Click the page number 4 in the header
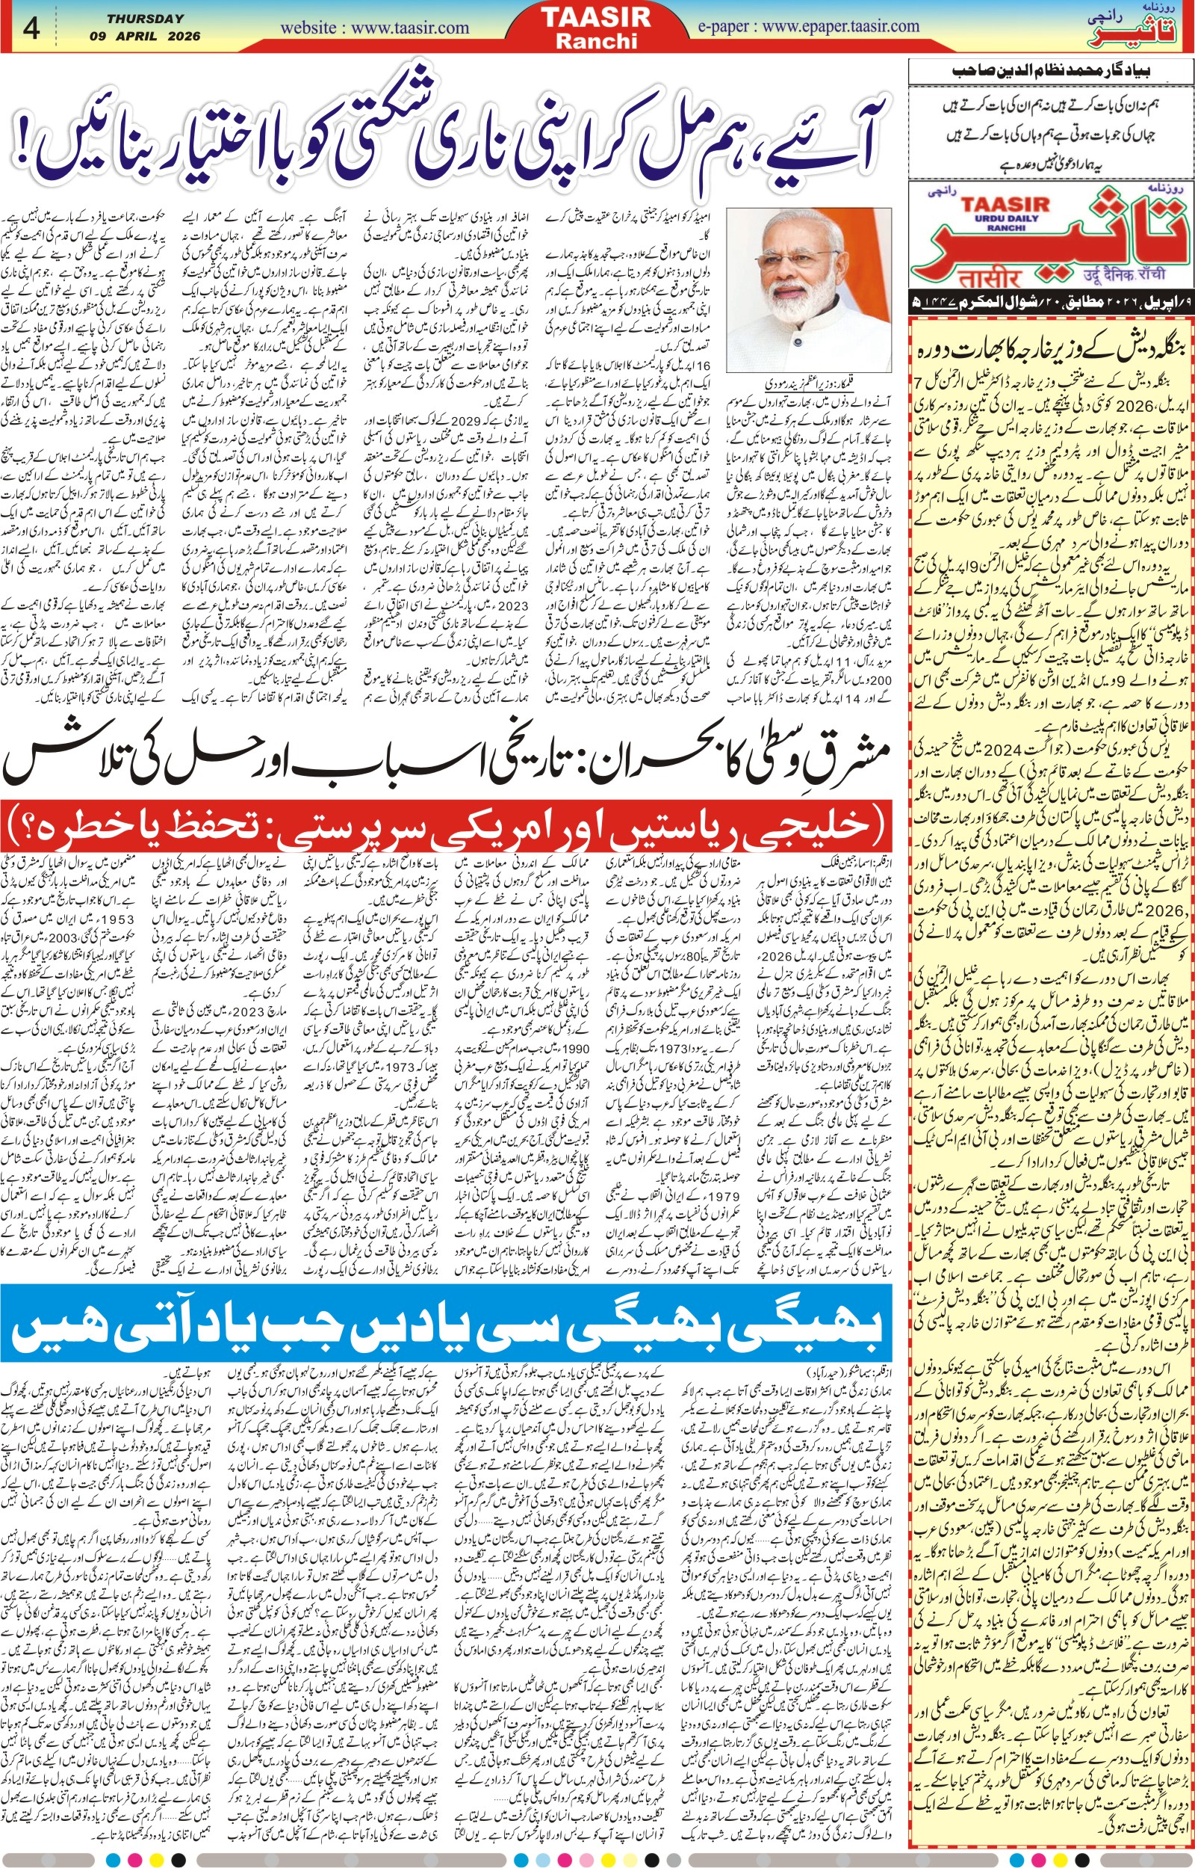pos(31,28)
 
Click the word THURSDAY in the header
pos(146,19)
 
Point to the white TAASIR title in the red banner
pos(596,17)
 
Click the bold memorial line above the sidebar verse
pos(1052,72)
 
